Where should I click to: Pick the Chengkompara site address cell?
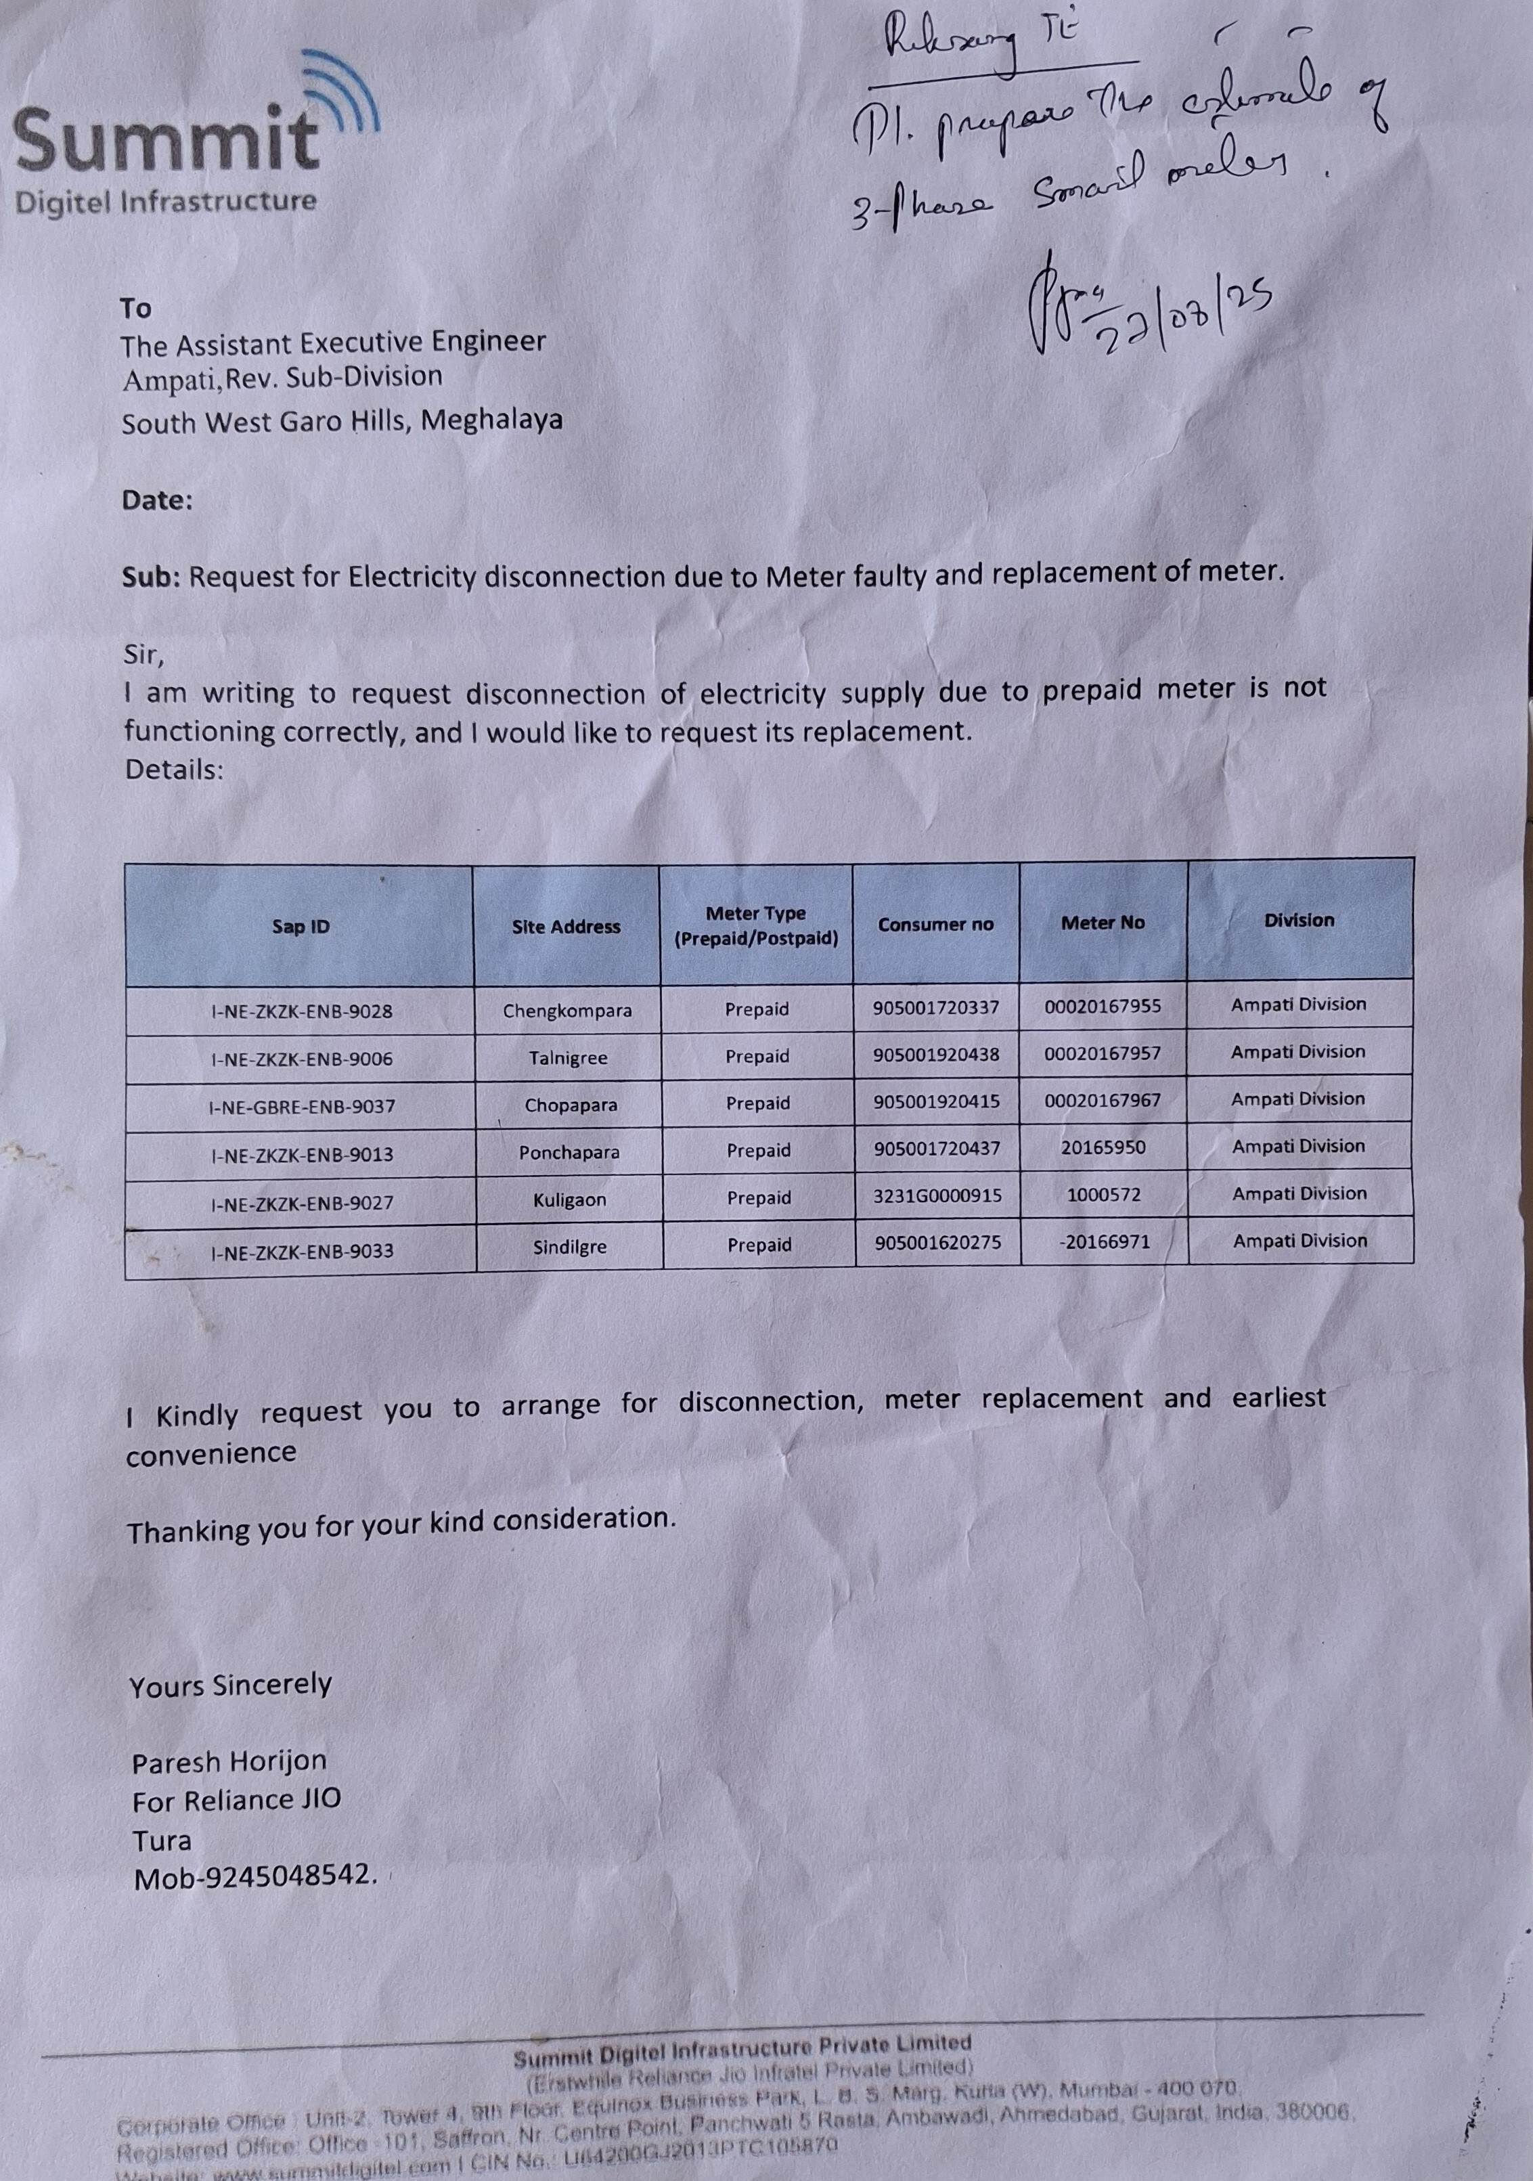click(567, 1011)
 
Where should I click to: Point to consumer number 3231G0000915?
click(937, 1196)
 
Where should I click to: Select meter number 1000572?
click(1104, 1195)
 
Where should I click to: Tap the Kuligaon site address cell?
click(569, 1199)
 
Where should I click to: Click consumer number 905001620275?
click(937, 1243)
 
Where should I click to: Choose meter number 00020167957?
click(1103, 1053)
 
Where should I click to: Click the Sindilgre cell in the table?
click(569, 1246)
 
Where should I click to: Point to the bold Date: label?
click(157, 501)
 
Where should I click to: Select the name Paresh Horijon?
click(229, 1762)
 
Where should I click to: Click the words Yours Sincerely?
click(231, 1685)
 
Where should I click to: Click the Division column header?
click(1298, 919)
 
